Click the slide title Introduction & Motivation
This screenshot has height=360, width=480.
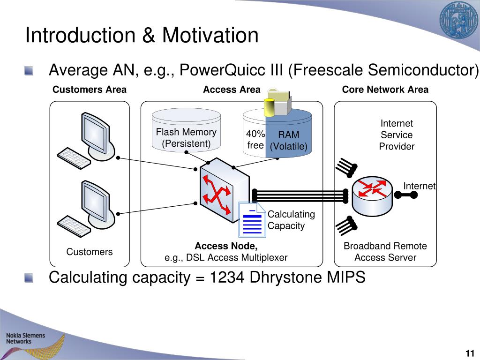pyautogui.click(x=142, y=36)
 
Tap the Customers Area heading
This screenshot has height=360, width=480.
pyautogui.click(x=89, y=90)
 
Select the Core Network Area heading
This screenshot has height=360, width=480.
pyautogui.click(x=385, y=90)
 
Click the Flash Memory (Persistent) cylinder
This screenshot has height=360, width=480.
pyautogui.click(x=186, y=131)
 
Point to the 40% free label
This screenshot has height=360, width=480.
pyautogui.click(x=255, y=140)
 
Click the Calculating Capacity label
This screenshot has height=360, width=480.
pyautogui.click(x=291, y=220)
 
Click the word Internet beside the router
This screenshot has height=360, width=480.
pyautogui.click(x=419, y=186)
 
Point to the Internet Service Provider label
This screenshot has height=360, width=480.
pyautogui.click(x=397, y=135)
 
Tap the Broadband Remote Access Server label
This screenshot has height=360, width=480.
pyautogui.click(x=385, y=252)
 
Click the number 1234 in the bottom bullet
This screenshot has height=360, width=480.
pyautogui.click(x=227, y=277)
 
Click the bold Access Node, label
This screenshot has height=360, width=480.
pyautogui.click(x=226, y=246)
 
